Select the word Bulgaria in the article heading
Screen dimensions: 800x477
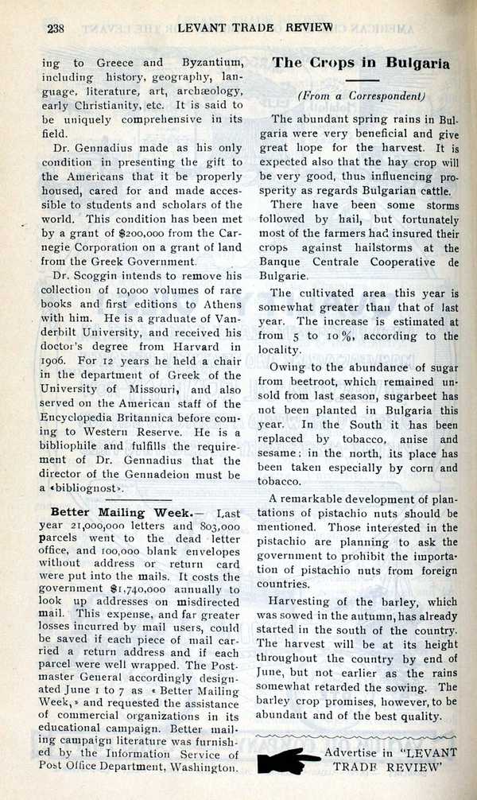(419, 63)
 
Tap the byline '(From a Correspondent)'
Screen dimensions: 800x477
(361, 95)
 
